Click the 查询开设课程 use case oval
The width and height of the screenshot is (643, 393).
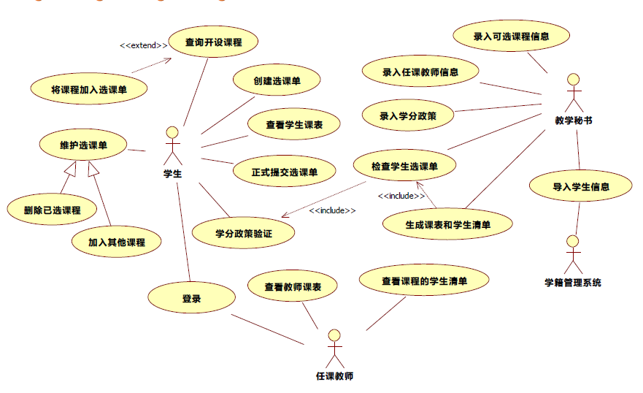pos(213,42)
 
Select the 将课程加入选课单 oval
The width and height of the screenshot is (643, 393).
pos(89,89)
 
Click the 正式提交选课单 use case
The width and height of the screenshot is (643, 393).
pos(285,172)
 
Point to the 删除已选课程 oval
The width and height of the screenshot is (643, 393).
pos(52,210)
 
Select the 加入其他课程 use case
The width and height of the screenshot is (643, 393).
pos(117,242)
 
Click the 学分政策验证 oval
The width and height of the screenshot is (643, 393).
pos(244,233)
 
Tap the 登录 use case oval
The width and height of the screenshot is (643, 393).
pos(191,298)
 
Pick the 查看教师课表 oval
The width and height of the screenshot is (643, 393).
pos(293,287)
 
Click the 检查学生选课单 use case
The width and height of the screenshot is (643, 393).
pos(404,167)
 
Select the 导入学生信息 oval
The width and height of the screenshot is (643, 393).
pos(581,186)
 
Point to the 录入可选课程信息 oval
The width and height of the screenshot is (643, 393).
pos(511,36)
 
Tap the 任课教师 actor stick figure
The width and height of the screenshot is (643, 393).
pos(334,349)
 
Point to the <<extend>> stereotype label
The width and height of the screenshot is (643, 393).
pos(144,45)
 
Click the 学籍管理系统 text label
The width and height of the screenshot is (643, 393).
pos(573,282)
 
